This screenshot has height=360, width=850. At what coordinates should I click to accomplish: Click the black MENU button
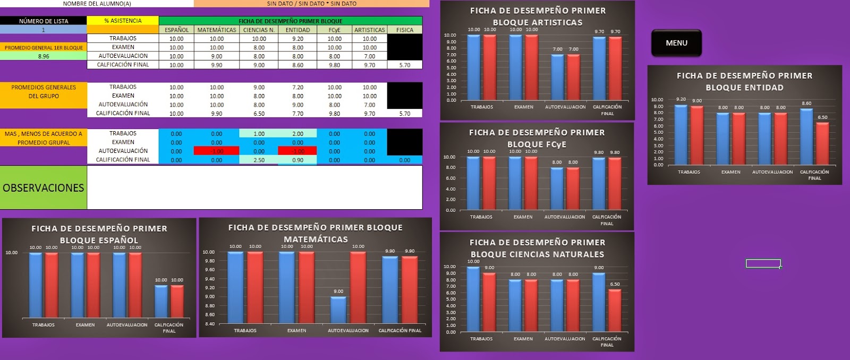[x=676, y=43]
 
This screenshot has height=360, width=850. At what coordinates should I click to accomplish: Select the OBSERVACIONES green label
[x=44, y=188]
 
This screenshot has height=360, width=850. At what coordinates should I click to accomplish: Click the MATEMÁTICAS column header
[x=217, y=30]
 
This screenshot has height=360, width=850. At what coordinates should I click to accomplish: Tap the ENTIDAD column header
[x=297, y=30]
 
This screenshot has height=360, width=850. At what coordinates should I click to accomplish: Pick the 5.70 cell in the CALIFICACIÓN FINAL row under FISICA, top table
[x=405, y=65]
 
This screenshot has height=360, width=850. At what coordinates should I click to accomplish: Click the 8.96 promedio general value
[x=44, y=56]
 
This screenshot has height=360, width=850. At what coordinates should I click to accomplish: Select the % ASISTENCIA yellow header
[x=123, y=21]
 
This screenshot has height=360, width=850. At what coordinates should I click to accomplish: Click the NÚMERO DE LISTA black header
[x=44, y=21]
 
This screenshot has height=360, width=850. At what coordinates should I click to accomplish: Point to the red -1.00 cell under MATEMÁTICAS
[x=217, y=151]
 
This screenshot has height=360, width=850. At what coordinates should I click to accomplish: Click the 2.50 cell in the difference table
[x=259, y=160]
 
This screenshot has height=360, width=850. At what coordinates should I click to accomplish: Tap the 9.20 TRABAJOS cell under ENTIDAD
[x=297, y=39]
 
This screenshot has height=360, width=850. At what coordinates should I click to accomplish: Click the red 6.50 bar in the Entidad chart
[x=822, y=143]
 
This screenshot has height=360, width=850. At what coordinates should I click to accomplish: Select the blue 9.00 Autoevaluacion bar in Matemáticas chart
[x=338, y=310]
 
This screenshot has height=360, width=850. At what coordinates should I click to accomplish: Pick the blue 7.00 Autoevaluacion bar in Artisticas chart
[x=557, y=77]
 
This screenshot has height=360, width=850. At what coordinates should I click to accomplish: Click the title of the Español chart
[x=99, y=234]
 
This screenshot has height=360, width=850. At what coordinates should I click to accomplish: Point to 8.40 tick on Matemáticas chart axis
[x=209, y=324]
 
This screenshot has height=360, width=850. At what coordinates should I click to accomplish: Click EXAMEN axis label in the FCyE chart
[x=523, y=217]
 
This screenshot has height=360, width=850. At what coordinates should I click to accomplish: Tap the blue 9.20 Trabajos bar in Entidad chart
[x=681, y=135]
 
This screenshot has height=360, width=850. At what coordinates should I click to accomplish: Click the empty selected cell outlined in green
[x=763, y=263]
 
